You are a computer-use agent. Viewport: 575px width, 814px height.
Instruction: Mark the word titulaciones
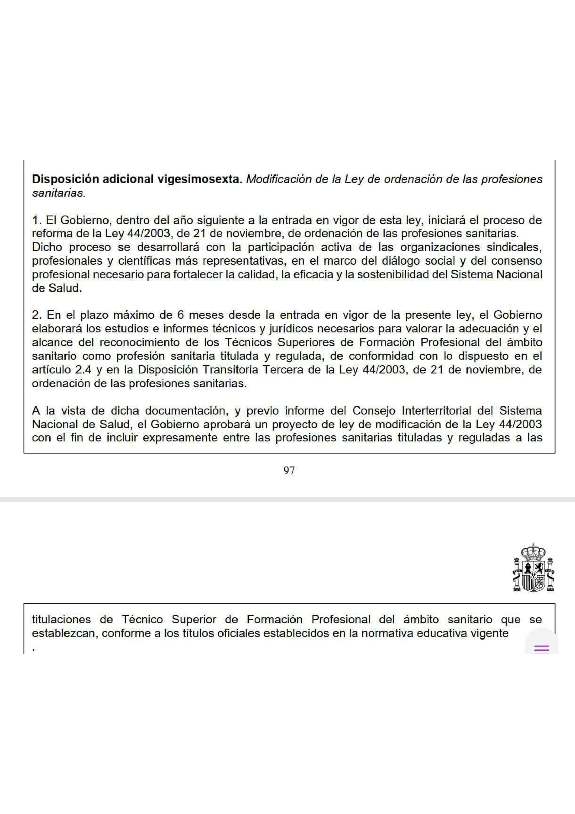61,620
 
